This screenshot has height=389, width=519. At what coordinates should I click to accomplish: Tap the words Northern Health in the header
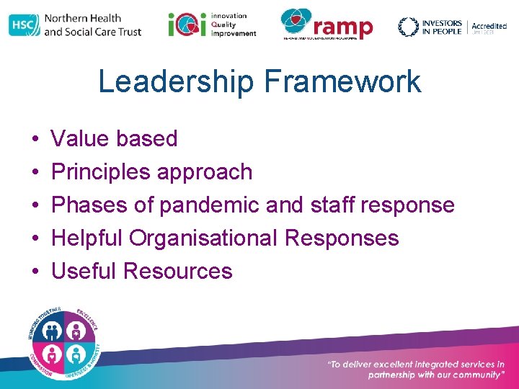(82, 18)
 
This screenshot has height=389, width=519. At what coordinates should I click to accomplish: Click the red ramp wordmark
(343, 27)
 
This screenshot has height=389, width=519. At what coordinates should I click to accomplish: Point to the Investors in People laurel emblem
(409, 27)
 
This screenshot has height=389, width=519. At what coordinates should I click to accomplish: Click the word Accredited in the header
(489, 26)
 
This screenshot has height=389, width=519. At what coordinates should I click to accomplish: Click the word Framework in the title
(342, 81)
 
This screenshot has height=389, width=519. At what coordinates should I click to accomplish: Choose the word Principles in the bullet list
(102, 171)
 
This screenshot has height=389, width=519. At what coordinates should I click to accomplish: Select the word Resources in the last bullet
(177, 271)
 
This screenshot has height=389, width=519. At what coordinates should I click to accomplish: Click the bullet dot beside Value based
(35, 139)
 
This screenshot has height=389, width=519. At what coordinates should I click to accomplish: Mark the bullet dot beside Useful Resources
(35, 272)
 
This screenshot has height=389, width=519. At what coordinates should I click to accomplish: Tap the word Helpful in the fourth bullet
(89, 238)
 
